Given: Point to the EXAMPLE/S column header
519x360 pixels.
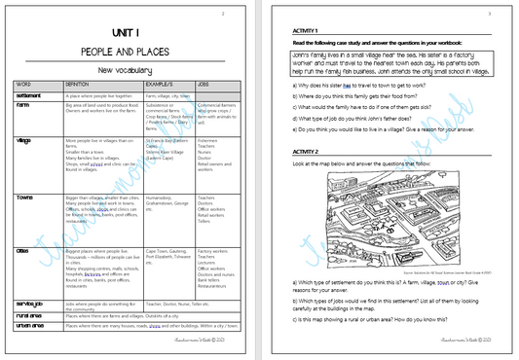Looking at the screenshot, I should (161, 85).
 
